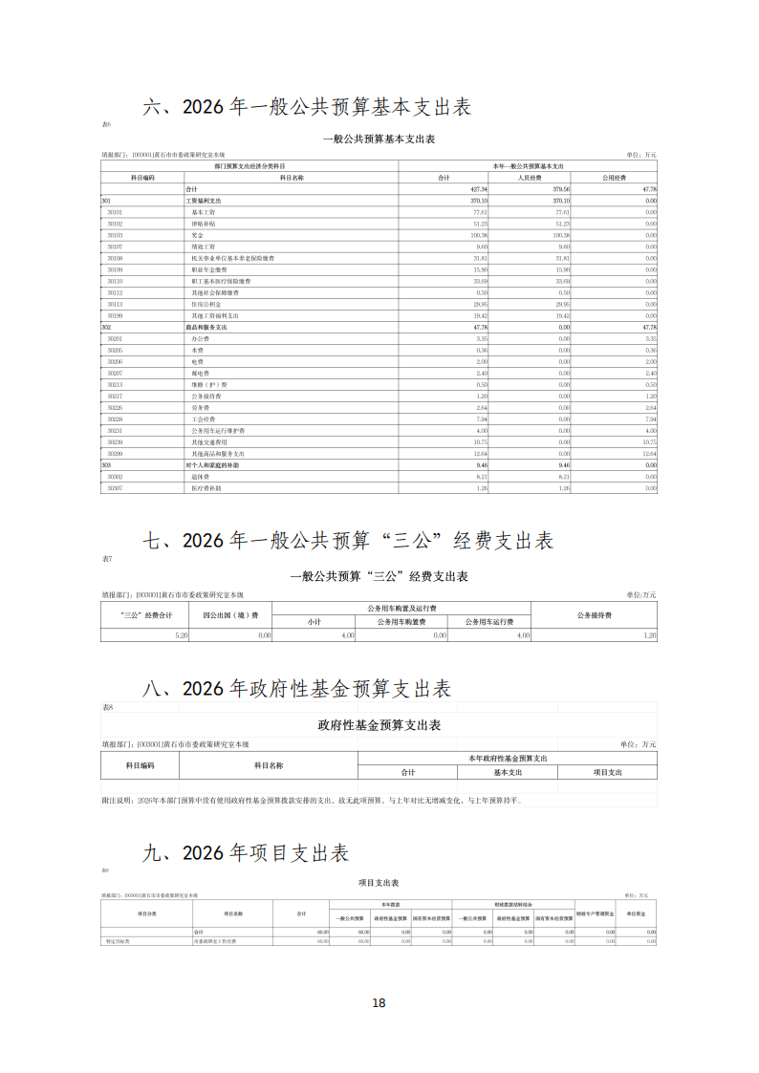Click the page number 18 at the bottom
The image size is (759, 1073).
[379, 1002]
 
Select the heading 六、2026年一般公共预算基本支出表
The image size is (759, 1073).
[306, 107]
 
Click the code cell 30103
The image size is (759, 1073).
[115, 234]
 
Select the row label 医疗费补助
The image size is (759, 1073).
[206, 488]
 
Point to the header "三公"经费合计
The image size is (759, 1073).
[145, 615]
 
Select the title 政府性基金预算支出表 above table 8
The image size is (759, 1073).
[379, 726]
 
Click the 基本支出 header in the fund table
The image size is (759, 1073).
[508, 772]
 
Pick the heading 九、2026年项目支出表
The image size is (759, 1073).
[246, 853]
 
